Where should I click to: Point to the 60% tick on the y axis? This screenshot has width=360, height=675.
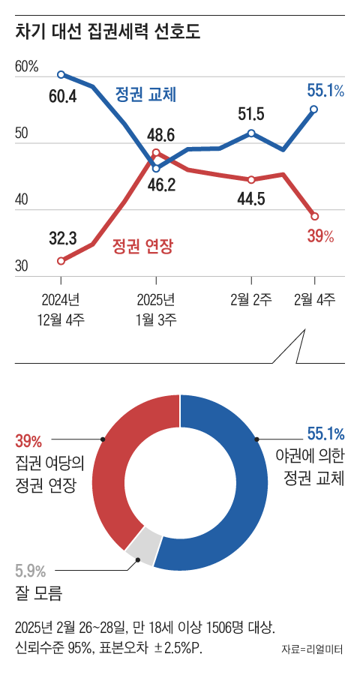pos(26,67)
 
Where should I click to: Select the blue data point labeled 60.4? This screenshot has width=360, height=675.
pos(61,74)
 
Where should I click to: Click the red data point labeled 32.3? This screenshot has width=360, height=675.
pos(61,261)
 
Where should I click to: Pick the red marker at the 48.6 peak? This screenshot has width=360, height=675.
pos(156,152)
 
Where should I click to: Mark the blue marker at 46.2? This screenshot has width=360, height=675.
pos(156,168)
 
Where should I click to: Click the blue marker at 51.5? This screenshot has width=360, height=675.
pos(251,133)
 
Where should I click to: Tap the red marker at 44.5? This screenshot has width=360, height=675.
pos(251,180)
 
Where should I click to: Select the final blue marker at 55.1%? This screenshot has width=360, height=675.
pos(314,109)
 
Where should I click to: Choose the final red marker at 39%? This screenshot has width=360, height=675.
pos(314,216)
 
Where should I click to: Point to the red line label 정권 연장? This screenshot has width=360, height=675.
pos(142,244)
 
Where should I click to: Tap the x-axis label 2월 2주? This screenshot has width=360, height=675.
pos(250,301)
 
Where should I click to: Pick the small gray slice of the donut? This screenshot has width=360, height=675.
pos(143,544)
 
